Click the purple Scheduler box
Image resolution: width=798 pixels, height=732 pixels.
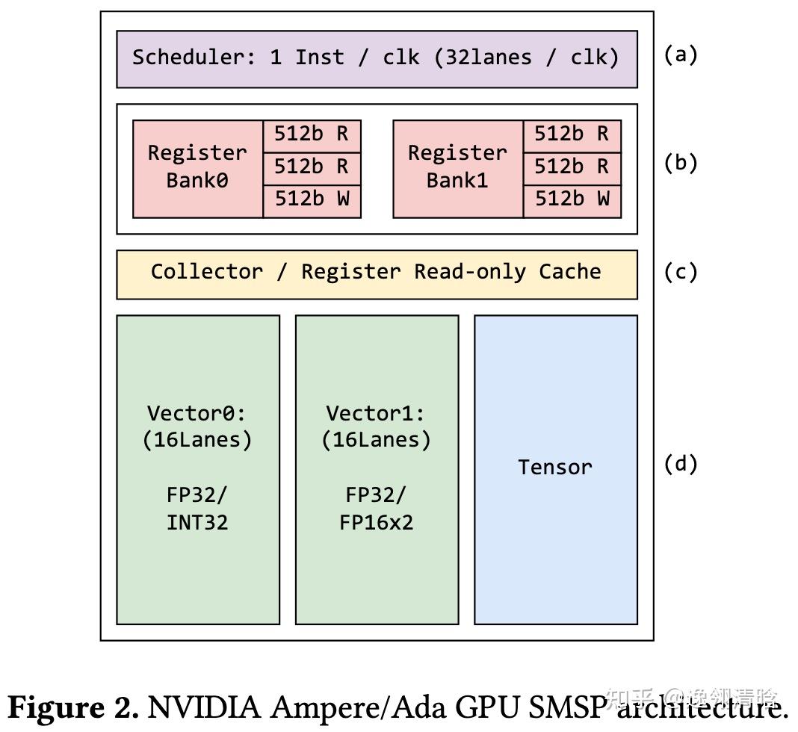pos(377,58)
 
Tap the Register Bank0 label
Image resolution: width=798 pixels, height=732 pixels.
pos(197,167)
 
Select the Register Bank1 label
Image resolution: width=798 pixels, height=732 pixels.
pos(457,167)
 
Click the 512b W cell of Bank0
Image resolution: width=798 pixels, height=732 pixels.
pos(312,199)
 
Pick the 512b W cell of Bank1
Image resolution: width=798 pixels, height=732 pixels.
pos(572,199)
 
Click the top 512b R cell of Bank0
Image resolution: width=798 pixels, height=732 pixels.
pos(312,134)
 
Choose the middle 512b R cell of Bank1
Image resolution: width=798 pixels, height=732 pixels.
pos(572,167)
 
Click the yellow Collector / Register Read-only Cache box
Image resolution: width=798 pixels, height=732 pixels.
pos(377,273)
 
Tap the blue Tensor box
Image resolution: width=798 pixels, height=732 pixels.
pos(555,468)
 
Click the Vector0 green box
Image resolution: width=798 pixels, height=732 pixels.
pos(197,468)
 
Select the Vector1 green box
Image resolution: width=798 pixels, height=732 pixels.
pos(377,468)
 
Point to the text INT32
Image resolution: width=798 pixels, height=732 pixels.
pos(197,523)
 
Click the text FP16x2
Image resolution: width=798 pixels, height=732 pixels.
pos(377,523)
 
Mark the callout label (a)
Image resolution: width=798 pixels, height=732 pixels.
pos(680,55)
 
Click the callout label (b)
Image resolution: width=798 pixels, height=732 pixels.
pos(680,163)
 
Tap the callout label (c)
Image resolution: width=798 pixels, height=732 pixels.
pos(680,272)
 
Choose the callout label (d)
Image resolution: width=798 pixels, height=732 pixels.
pos(680,464)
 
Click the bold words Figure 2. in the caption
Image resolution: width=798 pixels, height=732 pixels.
pos(73,707)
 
